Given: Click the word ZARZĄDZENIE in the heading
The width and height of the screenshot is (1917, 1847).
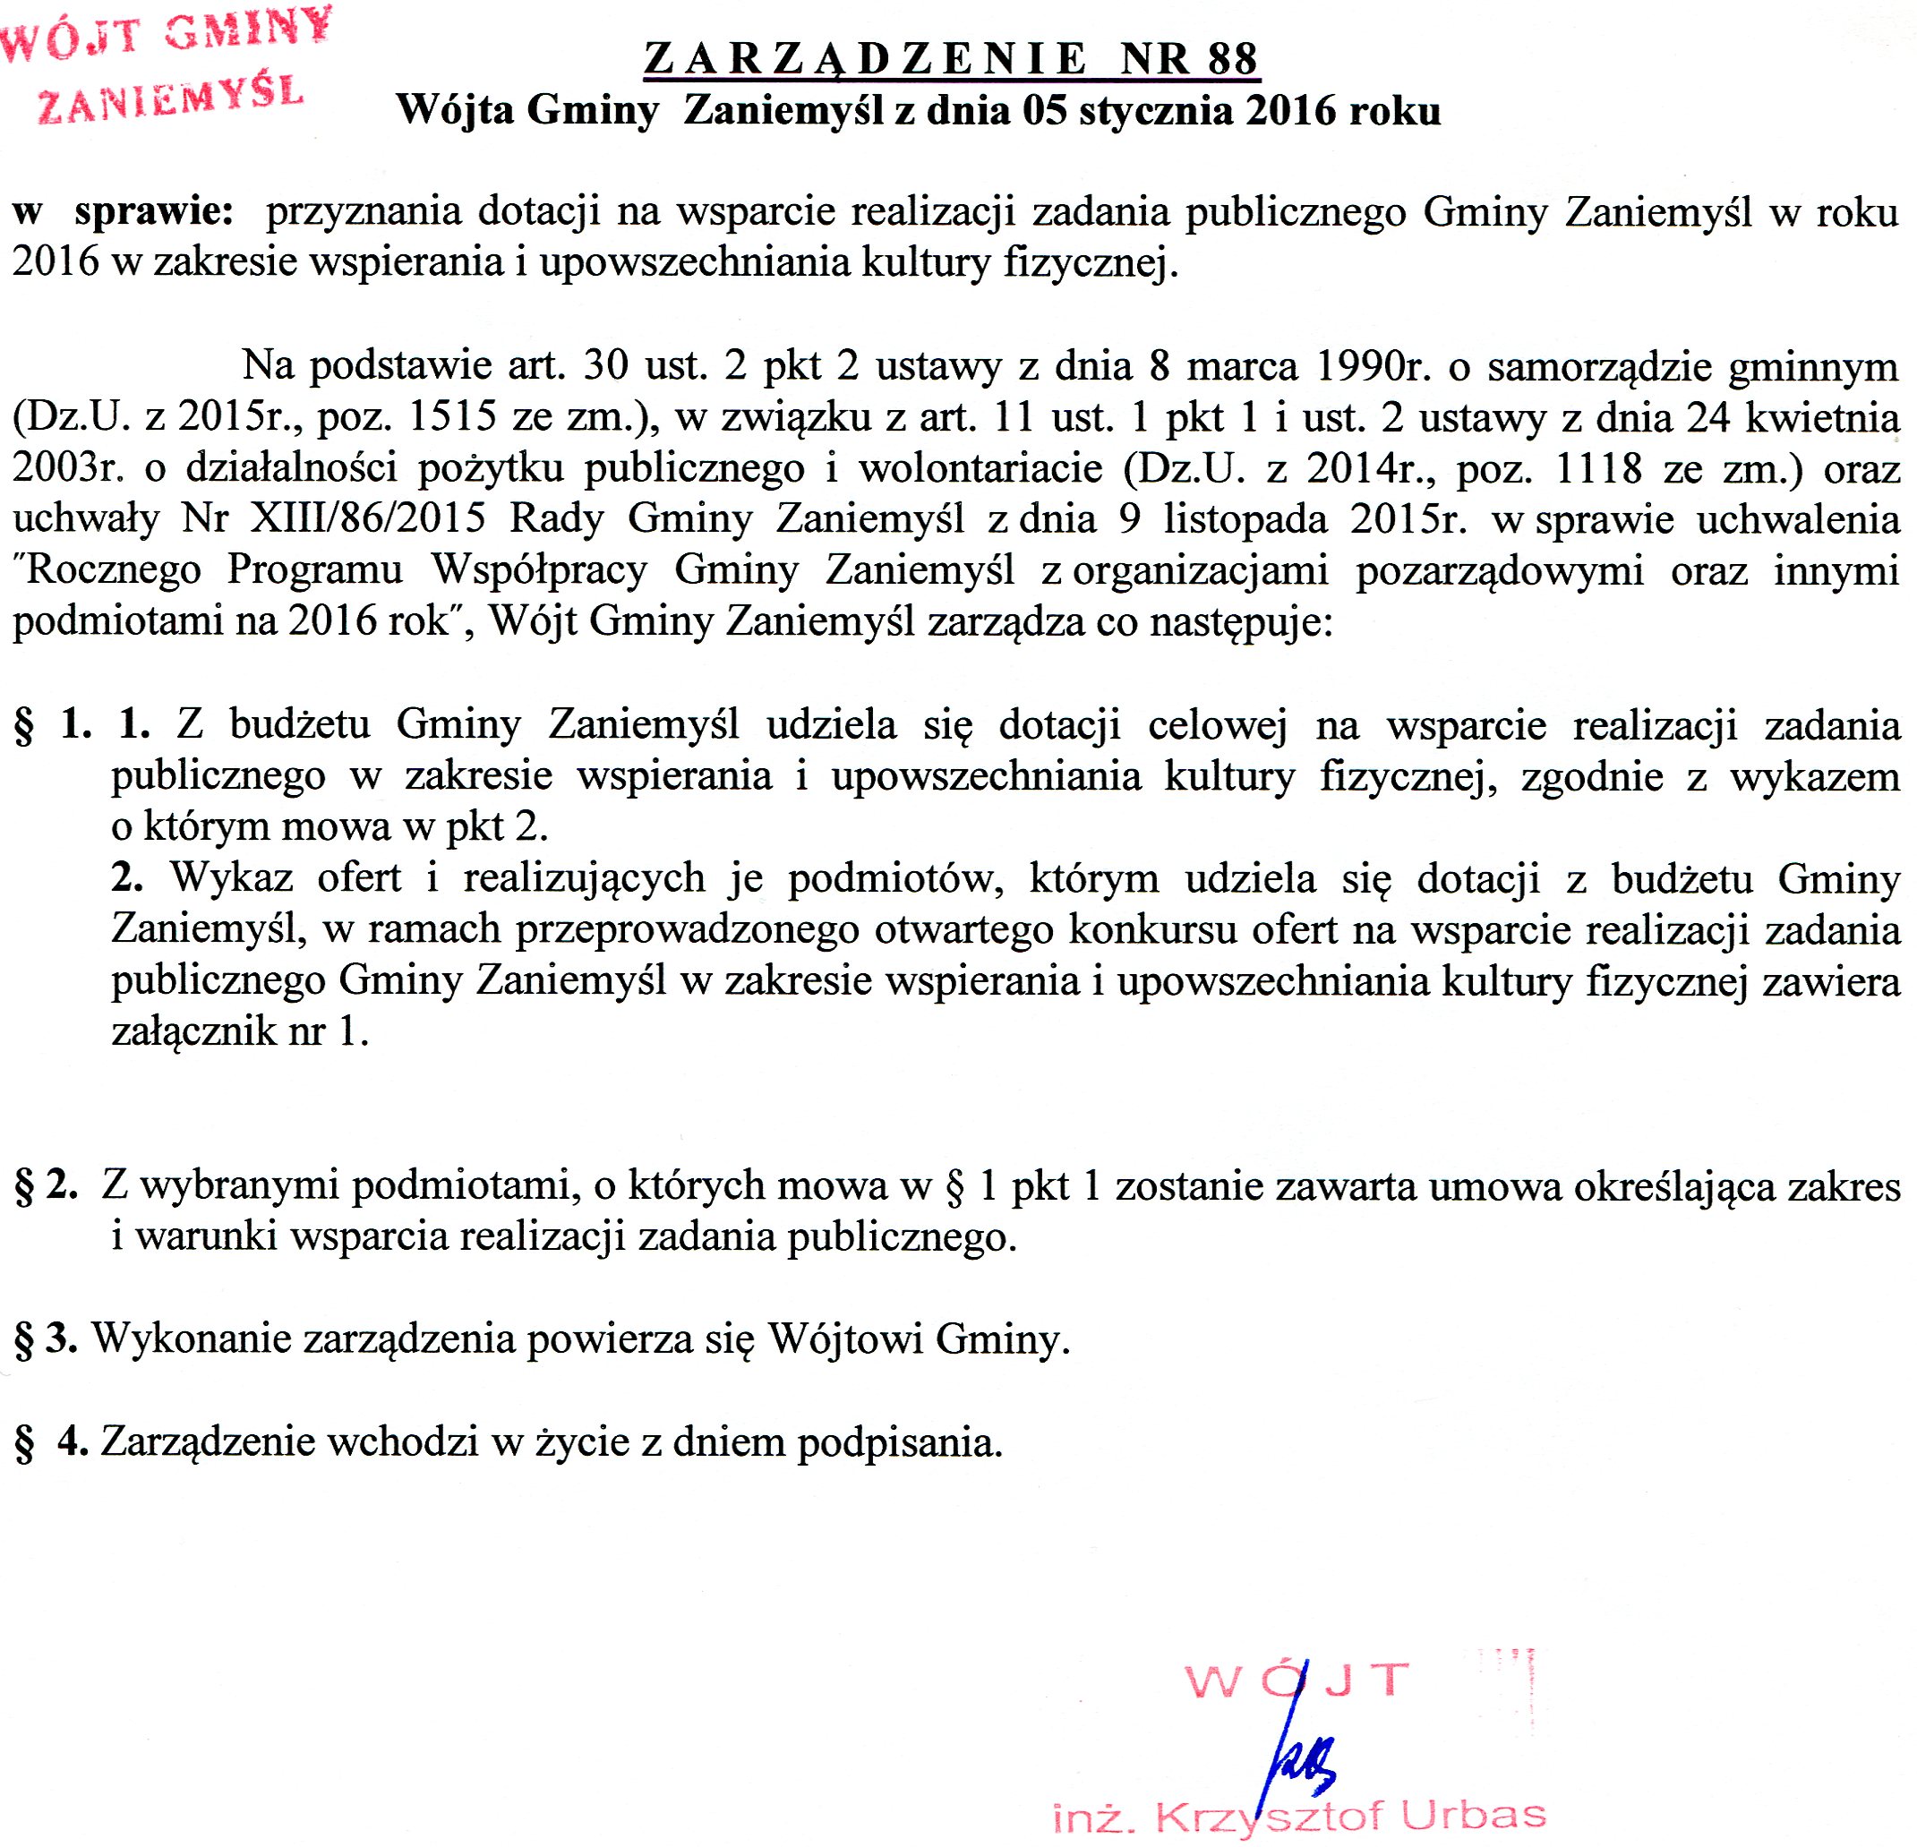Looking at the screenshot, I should point(866,60).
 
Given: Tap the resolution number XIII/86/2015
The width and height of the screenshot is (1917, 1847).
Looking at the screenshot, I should point(368,518).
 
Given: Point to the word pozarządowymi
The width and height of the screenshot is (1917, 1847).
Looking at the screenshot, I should point(1500,570).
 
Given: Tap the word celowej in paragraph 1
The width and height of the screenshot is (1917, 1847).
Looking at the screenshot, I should point(1218,724).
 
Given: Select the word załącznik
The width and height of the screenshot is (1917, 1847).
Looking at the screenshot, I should point(193,1032).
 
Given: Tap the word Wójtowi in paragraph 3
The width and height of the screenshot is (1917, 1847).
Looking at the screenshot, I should point(846,1338).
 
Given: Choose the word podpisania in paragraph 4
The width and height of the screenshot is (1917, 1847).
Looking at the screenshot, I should point(900,1442).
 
